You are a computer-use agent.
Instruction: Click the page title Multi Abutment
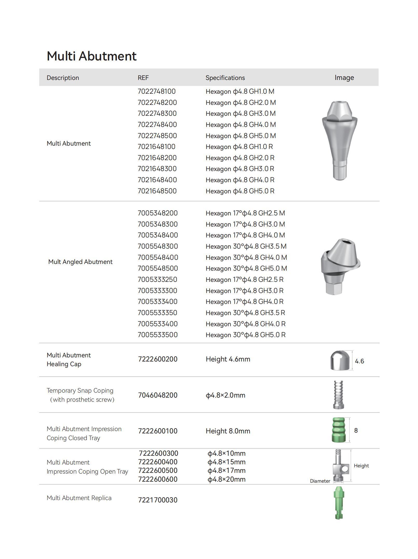(x=92, y=56)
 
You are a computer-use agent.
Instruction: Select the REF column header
(x=143, y=78)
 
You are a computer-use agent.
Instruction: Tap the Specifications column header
(x=225, y=78)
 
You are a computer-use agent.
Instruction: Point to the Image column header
(x=344, y=78)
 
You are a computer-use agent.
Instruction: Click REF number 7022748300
(x=157, y=113)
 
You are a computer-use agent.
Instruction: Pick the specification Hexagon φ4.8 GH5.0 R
(x=240, y=191)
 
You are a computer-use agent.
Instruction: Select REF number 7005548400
(x=158, y=257)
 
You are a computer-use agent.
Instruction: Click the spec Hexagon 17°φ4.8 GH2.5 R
(x=244, y=280)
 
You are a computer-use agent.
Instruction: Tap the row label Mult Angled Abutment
(x=80, y=262)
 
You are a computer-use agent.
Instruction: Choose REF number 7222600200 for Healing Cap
(x=158, y=359)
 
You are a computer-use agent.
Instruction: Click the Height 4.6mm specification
(x=228, y=359)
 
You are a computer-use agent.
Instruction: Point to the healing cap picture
(x=340, y=360)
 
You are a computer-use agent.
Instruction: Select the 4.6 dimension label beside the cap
(x=359, y=361)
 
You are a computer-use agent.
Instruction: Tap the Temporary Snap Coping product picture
(x=338, y=395)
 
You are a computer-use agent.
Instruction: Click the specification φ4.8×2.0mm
(x=225, y=395)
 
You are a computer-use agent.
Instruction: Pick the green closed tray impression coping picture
(x=338, y=430)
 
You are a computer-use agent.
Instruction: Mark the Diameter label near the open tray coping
(x=320, y=481)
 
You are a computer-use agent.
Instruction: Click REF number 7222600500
(x=158, y=471)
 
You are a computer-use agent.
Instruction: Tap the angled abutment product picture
(x=340, y=267)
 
